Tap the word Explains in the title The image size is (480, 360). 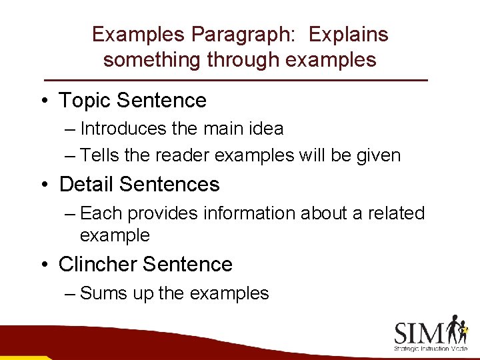pyautogui.click(x=349, y=35)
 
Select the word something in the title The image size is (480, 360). pyautogui.click(x=152, y=60)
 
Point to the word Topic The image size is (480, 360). pyautogui.click(x=85, y=101)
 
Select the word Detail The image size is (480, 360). pyautogui.click(x=87, y=184)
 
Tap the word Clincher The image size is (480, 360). pyautogui.click(x=97, y=265)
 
